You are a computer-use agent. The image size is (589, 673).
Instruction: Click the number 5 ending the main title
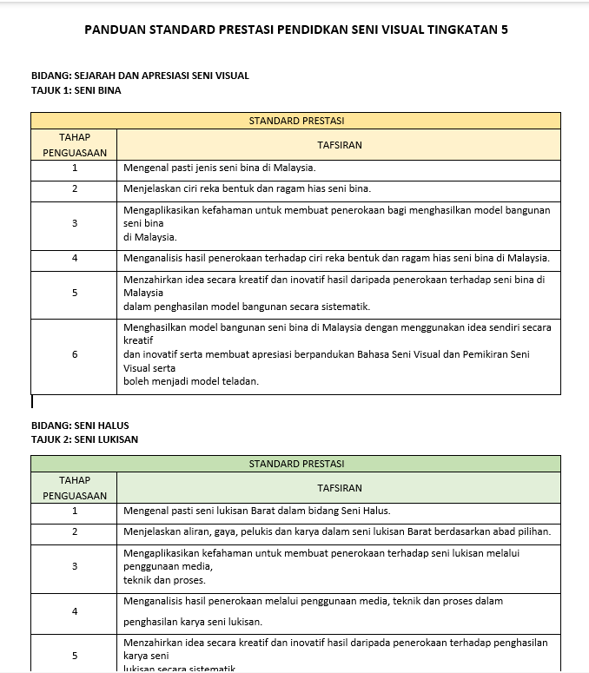coord(505,30)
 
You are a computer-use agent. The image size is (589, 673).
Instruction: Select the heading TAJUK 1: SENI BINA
coord(76,89)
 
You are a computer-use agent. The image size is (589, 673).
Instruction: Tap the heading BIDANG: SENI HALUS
coord(80,426)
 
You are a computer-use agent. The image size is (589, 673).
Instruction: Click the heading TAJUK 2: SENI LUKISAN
coord(84,439)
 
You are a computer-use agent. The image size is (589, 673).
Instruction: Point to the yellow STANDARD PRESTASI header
coord(295,121)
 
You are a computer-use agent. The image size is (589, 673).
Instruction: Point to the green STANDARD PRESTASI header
coord(295,464)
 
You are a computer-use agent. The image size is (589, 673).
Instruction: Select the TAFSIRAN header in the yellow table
coord(339,145)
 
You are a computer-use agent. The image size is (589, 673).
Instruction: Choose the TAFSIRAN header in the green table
coord(339,488)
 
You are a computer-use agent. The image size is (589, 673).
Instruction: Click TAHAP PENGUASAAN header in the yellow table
coord(75,145)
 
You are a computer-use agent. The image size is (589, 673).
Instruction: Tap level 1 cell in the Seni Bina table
coord(75,168)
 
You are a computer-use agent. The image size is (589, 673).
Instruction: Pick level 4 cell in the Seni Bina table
coord(75,258)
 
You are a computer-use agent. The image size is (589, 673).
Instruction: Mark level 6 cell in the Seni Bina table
coord(75,354)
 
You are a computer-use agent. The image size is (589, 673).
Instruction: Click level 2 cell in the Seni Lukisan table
coord(75,531)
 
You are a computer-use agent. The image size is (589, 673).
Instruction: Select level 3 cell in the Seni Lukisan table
coord(75,566)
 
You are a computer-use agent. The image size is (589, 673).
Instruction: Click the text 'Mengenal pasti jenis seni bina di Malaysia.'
coord(219,168)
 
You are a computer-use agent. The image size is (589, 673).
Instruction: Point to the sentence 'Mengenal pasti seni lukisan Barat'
coord(256,511)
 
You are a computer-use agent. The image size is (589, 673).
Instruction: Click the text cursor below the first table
coord(32,402)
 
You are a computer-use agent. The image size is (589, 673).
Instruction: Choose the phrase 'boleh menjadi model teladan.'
coord(191,381)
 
